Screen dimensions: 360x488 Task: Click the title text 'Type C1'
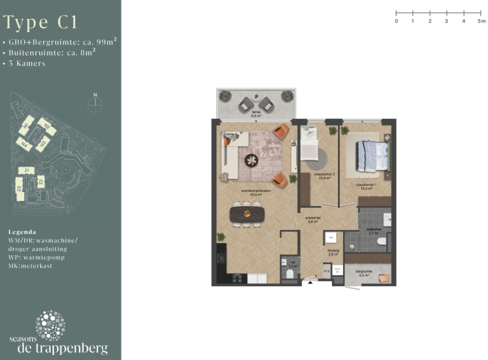point(41,23)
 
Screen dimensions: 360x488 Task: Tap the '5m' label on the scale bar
point(482,21)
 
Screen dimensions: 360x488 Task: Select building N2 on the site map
point(46,127)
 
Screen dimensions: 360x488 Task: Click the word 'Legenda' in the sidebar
point(22,232)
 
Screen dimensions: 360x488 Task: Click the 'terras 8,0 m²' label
point(256,115)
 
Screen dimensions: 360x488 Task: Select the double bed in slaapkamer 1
point(372,155)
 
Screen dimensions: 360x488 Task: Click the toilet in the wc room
point(289,273)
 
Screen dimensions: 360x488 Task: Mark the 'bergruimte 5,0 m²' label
point(363,274)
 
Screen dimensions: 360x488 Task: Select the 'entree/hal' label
point(313,220)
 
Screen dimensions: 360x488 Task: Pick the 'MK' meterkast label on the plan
point(326,272)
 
